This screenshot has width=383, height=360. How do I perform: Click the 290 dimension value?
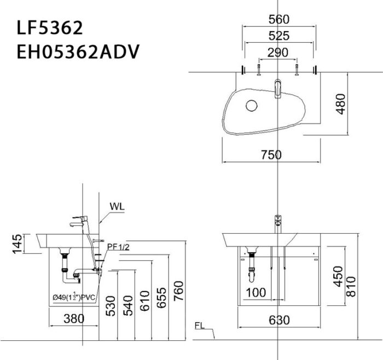point(278,53)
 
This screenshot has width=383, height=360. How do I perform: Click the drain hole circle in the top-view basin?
point(252,105)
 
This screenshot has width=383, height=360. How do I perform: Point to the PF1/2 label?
point(119,247)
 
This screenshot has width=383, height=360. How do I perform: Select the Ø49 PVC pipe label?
point(74,297)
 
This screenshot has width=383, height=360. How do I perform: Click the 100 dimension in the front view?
point(256,293)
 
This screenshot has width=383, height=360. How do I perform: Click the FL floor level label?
point(200,326)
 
